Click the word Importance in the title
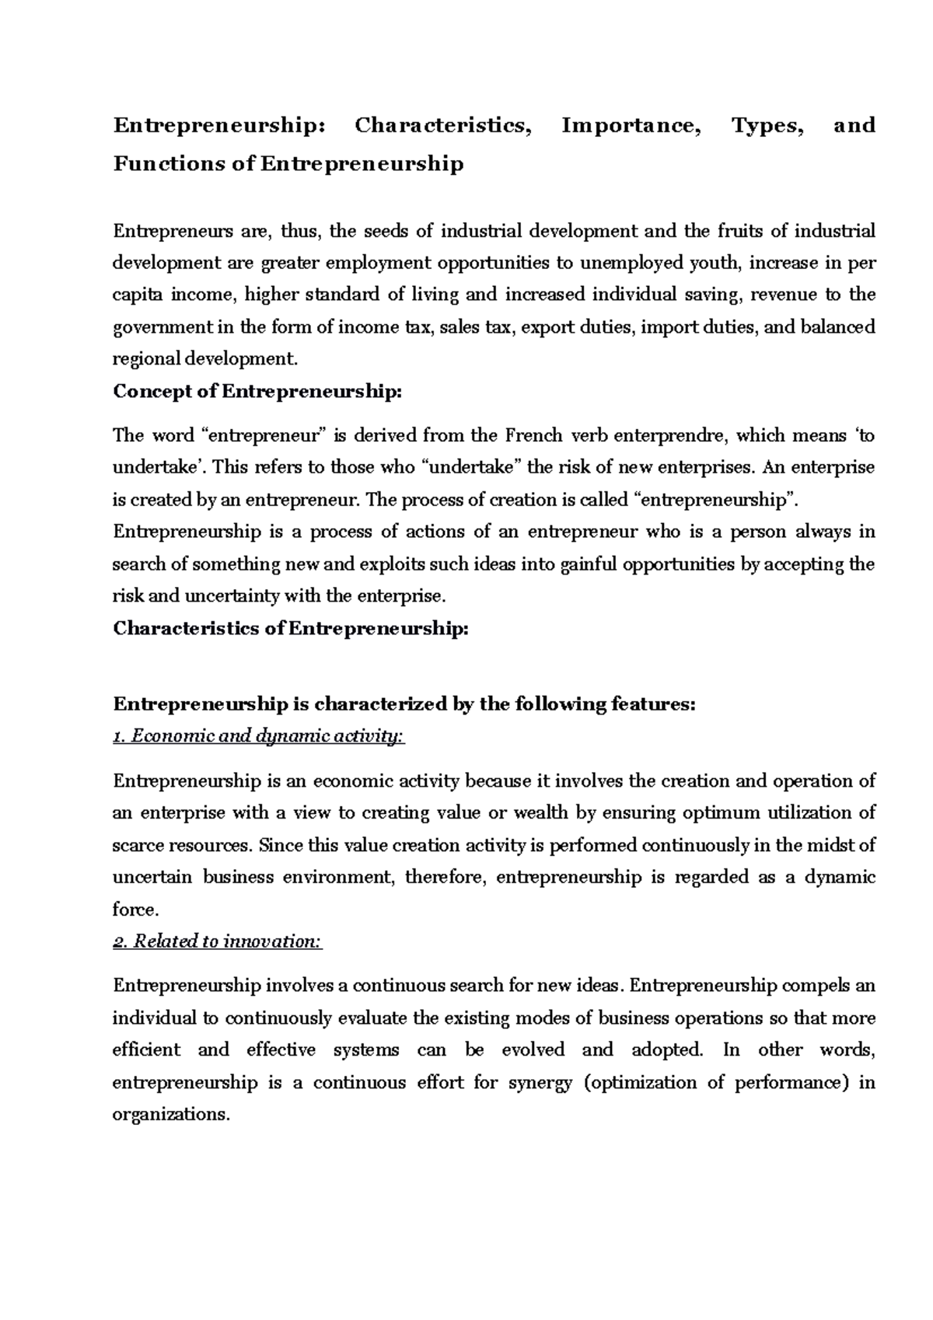coord(630,125)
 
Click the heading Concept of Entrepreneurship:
coord(258,391)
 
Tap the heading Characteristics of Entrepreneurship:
coord(291,628)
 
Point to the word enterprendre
coord(659,435)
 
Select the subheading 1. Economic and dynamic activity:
coord(258,736)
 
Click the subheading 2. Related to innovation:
coord(217,941)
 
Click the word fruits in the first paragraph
coord(739,231)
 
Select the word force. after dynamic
coord(135,910)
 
